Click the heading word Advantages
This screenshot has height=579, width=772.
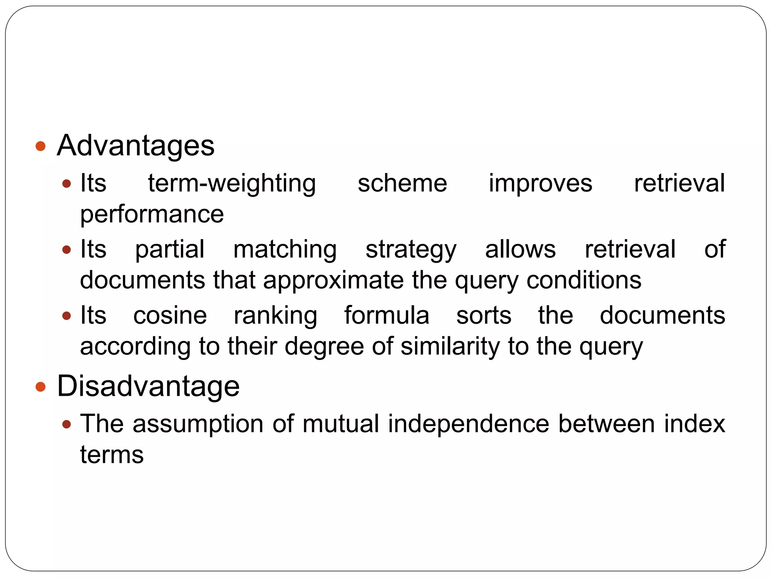(x=135, y=146)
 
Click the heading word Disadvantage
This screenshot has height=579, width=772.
(x=148, y=386)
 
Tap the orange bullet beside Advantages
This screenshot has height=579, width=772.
(x=40, y=146)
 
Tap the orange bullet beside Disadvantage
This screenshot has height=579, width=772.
(x=40, y=386)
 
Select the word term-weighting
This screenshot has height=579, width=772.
(x=232, y=184)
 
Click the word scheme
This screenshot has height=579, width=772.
(x=402, y=183)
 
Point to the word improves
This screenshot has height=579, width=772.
(x=541, y=184)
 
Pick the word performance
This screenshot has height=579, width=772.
(x=152, y=215)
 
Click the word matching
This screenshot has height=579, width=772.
(x=285, y=250)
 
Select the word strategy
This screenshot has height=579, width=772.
(x=411, y=250)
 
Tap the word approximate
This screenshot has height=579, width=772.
(x=333, y=281)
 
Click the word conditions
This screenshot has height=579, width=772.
(x=584, y=280)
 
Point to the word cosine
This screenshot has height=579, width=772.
(x=170, y=316)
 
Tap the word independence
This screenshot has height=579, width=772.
(x=469, y=424)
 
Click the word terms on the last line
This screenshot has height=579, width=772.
(x=112, y=455)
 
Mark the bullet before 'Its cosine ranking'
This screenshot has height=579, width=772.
(x=67, y=316)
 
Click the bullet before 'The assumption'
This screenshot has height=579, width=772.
(x=67, y=424)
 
